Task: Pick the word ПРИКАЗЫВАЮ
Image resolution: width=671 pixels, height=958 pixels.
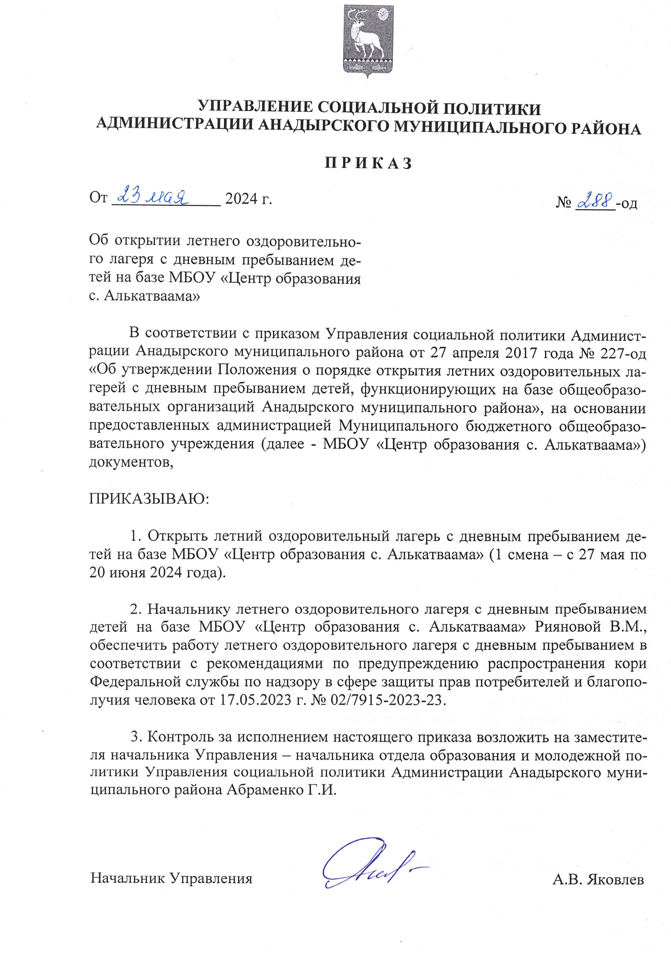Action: (x=149, y=499)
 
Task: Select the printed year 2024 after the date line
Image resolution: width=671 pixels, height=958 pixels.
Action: (x=241, y=199)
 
